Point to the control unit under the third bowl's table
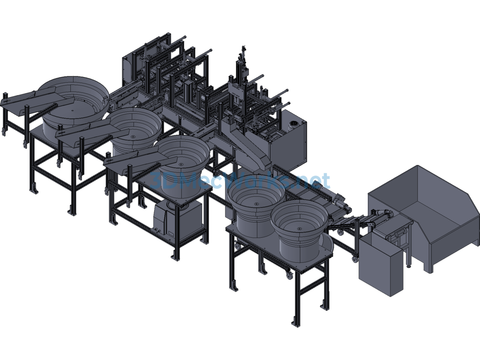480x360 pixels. pos(178,220)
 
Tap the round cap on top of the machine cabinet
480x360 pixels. pos(294,123)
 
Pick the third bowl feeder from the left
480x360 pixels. pos(183,164)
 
